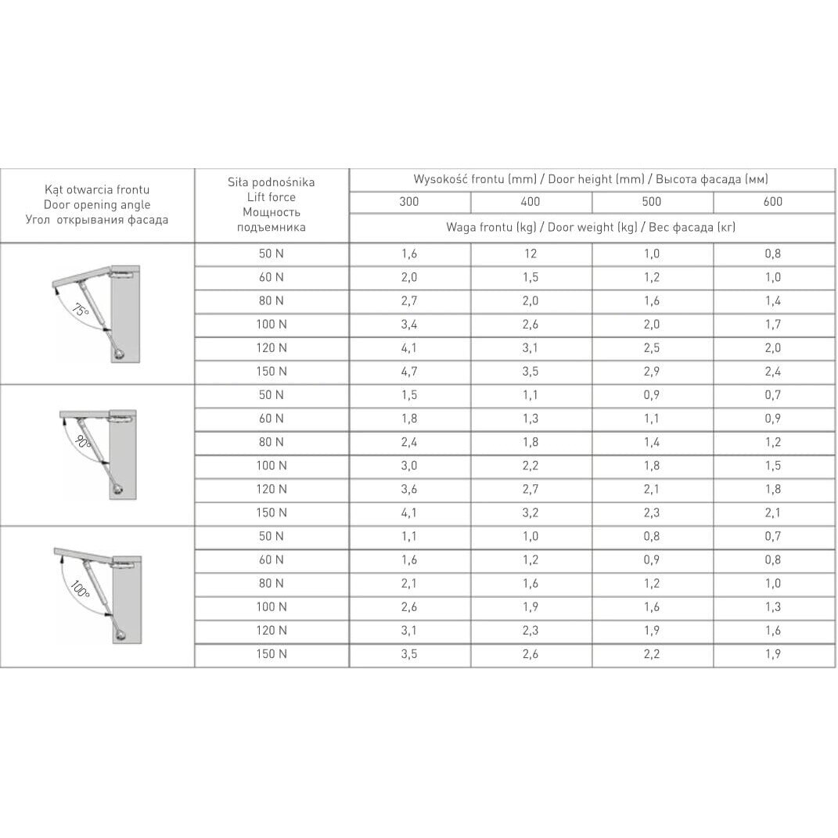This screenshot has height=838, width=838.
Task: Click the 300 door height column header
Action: click(409, 202)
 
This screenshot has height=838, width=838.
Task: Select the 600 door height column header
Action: click(773, 202)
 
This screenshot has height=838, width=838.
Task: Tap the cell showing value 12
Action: click(530, 254)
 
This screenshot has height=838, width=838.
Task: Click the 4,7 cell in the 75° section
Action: click(409, 372)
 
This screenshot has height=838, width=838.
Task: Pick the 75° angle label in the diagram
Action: click(80, 310)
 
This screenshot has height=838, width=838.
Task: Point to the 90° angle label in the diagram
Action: click(84, 442)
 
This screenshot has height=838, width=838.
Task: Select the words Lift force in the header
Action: click(271, 197)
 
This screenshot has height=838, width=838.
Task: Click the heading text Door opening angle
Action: click(97, 204)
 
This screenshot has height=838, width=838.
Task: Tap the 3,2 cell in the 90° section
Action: click(530, 513)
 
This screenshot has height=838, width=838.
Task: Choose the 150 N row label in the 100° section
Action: click(271, 654)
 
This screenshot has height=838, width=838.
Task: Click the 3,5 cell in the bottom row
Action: click(409, 654)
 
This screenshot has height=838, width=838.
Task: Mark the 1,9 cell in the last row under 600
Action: click(773, 654)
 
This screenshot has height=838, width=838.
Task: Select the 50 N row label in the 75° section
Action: click(271, 254)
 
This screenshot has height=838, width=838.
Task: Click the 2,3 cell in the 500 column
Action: click(652, 513)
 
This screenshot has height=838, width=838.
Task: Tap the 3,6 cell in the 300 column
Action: click(409, 490)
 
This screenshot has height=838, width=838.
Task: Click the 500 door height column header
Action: click(652, 202)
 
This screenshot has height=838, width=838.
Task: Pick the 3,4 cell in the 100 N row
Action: click(409, 325)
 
